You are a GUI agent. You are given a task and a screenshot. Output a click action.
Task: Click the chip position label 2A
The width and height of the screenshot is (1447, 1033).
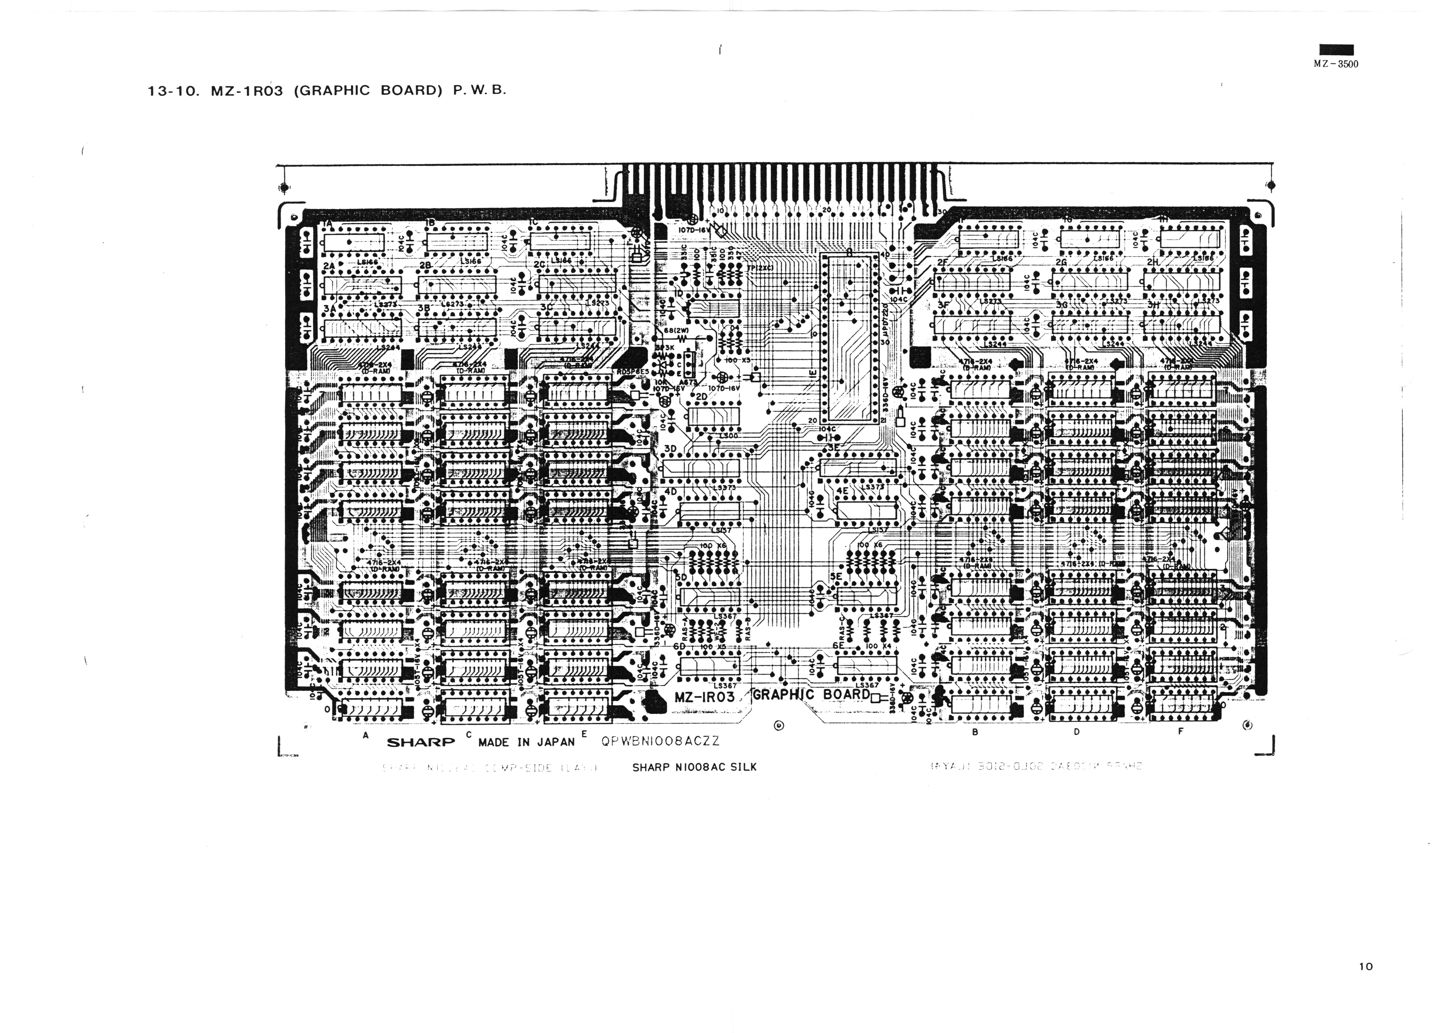pos(329,266)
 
